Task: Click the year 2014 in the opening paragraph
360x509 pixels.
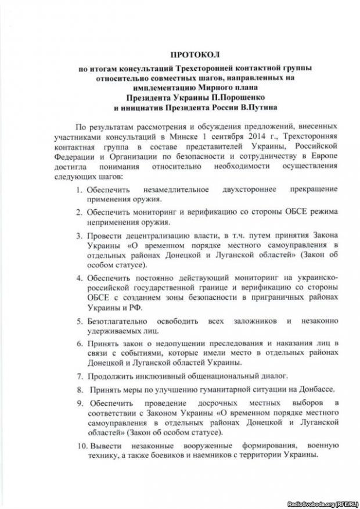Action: click(x=267, y=136)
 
